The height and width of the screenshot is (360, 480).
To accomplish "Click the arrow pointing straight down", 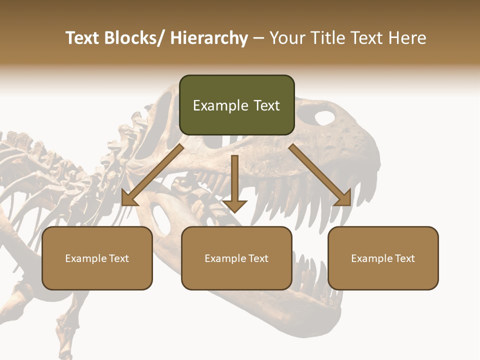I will coord(234,182).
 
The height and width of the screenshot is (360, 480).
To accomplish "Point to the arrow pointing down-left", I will coord(153,175).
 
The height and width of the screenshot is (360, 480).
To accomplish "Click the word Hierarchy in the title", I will coord(208,38).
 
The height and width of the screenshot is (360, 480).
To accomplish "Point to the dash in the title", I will coord(258,38).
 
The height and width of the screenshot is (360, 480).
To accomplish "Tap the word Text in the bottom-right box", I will coord(403,258).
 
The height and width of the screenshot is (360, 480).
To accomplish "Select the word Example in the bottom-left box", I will coord(85,258).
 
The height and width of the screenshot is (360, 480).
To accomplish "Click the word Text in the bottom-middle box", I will coord(257,258).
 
